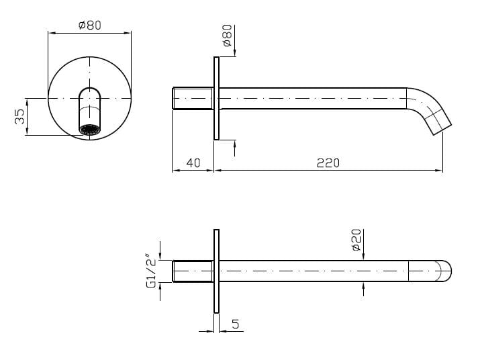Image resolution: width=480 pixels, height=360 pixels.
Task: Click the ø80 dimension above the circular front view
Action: click(x=89, y=25)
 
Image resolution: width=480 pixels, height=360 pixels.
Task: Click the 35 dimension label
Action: click(x=20, y=116)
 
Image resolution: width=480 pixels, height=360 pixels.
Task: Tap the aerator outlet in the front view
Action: click(x=89, y=129)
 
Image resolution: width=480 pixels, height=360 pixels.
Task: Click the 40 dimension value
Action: click(x=193, y=163)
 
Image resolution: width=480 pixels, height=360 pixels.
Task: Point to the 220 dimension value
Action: click(x=328, y=163)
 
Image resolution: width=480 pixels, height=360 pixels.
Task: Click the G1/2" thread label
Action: click(x=151, y=271)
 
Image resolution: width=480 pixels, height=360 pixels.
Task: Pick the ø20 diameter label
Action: click(x=356, y=240)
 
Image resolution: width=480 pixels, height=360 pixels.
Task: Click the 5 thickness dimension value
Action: click(x=235, y=324)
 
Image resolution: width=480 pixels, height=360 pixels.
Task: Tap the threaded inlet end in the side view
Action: click(x=193, y=99)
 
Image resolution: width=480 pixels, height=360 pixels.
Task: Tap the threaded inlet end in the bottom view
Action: click(x=193, y=271)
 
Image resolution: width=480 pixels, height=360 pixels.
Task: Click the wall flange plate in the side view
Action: click(x=216, y=99)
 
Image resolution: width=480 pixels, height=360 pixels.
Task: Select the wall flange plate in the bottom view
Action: click(x=216, y=271)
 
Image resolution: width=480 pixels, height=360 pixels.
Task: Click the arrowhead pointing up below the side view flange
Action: click(x=234, y=143)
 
